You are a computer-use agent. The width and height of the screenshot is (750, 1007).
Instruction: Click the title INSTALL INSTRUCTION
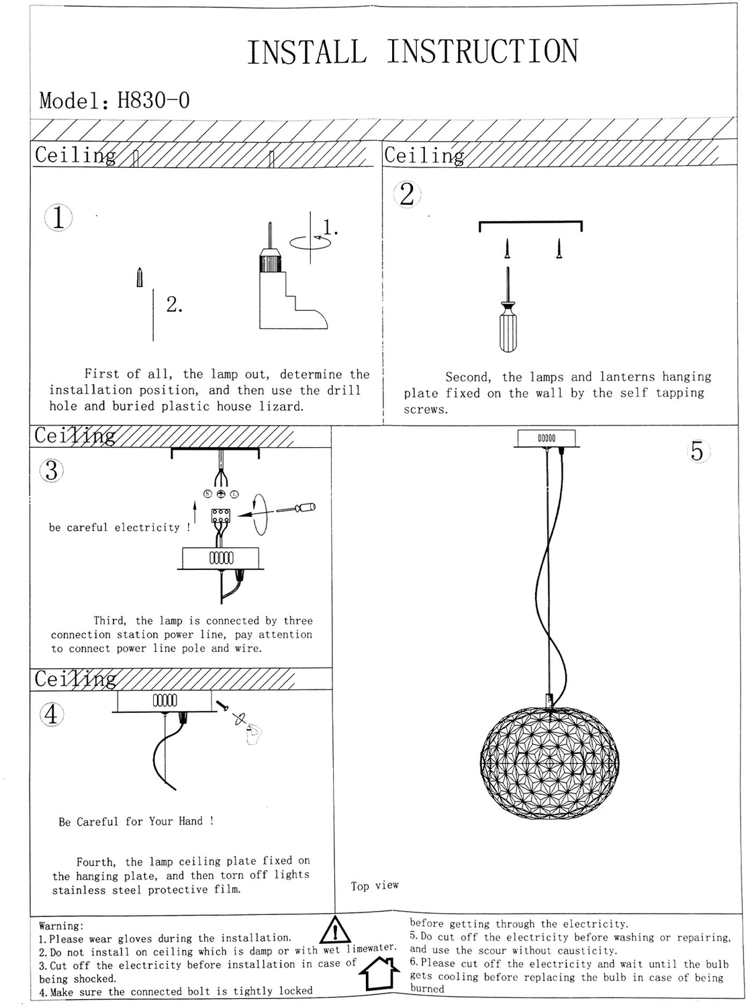pos(412,51)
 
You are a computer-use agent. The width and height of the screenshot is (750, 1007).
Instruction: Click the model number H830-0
pos(154,100)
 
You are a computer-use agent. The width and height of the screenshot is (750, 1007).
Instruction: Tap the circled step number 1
pos(58,218)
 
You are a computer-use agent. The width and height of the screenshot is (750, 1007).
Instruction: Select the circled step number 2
pos(407,194)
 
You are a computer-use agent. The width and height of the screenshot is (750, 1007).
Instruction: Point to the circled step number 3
pos(52,471)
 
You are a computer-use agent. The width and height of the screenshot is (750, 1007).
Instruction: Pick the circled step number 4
pos(52,714)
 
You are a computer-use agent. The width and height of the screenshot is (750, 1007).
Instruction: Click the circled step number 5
pos(698,451)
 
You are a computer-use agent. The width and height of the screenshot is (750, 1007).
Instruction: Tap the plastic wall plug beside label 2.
pos(140,277)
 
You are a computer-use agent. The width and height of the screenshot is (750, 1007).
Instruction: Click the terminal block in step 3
pos(221,516)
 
